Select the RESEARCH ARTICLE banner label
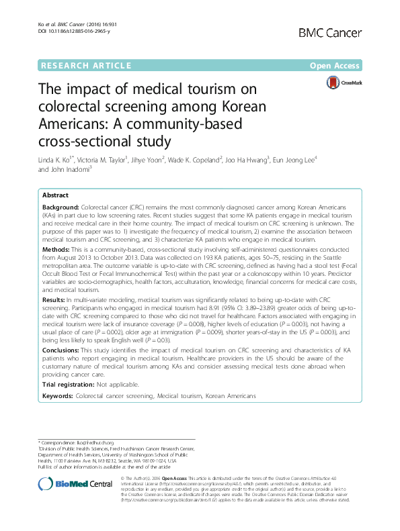pyautogui.click(x=85, y=65)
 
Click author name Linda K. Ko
pyautogui.click(x=60, y=160)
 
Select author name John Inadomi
pyautogui.click(x=68, y=169)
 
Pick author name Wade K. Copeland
pyautogui.click(x=205, y=160)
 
